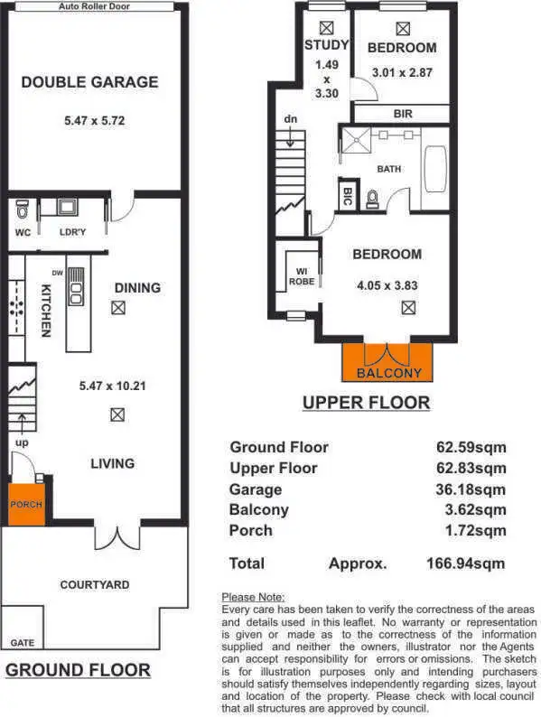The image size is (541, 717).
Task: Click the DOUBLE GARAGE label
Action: pos(89,82)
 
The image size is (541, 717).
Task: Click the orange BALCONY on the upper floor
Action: pos(389,363)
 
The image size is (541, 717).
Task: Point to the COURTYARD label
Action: pos(95,584)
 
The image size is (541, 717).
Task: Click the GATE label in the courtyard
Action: pos(23,643)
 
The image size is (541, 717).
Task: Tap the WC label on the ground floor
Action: pos(23,231)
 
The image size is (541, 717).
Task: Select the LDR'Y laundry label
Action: pos(71,231)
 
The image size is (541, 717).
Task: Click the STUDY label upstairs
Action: pos(326,46)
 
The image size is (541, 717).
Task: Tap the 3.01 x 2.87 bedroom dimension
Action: pos(402,70)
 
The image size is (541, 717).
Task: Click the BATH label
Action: pos(389,169)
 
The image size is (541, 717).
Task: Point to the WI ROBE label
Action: pos(301,275)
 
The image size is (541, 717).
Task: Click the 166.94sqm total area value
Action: pos(466,563)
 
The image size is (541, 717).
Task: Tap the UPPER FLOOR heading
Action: pos(366,403)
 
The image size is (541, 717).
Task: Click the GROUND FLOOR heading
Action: pos(79,670)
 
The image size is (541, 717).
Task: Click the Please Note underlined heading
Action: pos(253,597)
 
